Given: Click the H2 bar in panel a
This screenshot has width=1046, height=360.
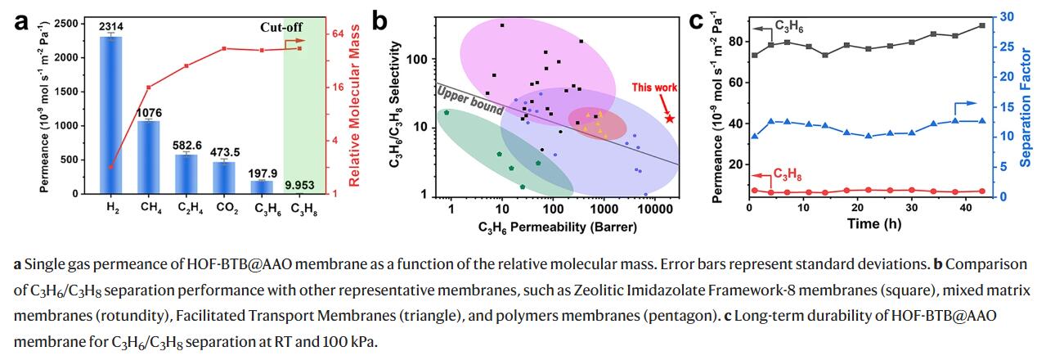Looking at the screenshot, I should pyautogui.click(x=111, y=115).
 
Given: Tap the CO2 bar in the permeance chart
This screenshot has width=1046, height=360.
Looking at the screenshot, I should pyautogui.click(x=224, y=177).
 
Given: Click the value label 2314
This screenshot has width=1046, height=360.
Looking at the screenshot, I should pyautogui.click(x=111, y=27).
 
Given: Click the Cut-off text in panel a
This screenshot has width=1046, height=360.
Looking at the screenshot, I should pyautogui.click(x=282, y=27).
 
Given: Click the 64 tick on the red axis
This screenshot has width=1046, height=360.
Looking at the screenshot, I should pyautogui.click(x=337, y=34).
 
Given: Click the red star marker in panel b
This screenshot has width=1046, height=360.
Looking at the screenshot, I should pyautogui.click(x=670, y=119).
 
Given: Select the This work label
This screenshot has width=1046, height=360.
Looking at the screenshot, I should pyautogui.click(x=653, y=87).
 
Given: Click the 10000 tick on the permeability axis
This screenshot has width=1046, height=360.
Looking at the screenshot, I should pyautogui.click(x=655, y=210).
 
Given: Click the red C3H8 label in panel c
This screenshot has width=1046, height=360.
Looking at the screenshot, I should pyautogui.click(x=786, y=173).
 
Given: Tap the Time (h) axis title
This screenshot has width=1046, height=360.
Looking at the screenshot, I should pyautogui.click(x=873, y=223).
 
